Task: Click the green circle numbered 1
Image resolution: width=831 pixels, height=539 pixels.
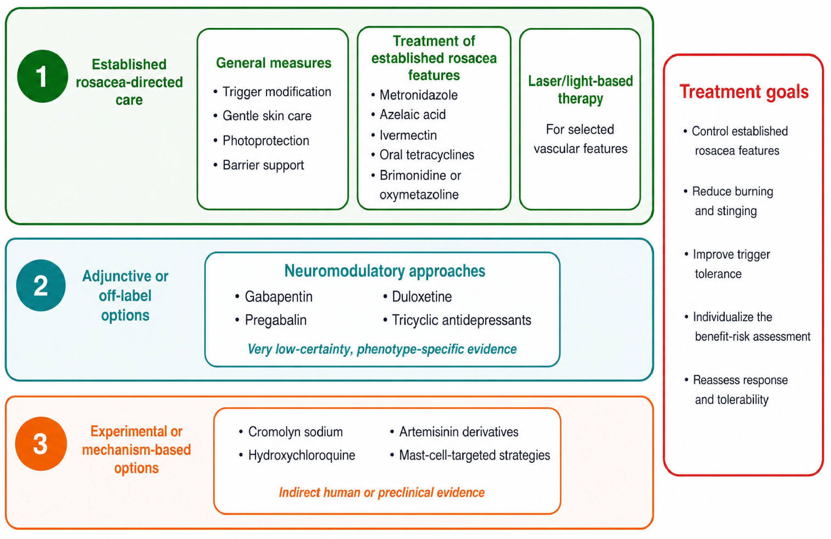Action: [42, 76]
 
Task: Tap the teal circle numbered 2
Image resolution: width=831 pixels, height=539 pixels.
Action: [41, 285]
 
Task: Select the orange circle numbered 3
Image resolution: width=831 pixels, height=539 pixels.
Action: [41, 443]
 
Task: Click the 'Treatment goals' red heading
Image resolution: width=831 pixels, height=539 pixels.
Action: [744, 92]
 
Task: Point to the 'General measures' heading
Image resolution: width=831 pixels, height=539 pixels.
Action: [273, 63]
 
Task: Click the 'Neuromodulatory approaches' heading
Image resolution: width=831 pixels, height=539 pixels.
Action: [385, 271]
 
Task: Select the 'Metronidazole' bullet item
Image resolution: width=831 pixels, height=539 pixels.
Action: [418, 95]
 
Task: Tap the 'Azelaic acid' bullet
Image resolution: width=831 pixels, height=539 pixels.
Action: [412, 114]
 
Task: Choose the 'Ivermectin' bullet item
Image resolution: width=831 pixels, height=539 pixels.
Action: [408, 135]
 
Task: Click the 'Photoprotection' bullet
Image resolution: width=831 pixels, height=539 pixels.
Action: [266, 141]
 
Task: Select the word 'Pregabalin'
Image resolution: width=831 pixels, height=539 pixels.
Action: [275, 320]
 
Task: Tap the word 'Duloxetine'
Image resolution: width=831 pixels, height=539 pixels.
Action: [422, 297]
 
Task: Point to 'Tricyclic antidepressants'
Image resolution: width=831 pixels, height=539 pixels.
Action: [461, 320]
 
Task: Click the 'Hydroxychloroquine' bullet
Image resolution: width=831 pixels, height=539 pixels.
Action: [302, 455]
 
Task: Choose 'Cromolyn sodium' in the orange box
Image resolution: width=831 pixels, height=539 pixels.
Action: [295, 432]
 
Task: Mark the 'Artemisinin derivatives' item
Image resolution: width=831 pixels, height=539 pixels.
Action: [459, 432]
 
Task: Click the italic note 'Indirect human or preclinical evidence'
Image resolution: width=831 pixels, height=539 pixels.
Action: [382, 492]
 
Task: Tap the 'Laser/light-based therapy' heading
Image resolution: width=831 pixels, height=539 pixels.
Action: [580, 90]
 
